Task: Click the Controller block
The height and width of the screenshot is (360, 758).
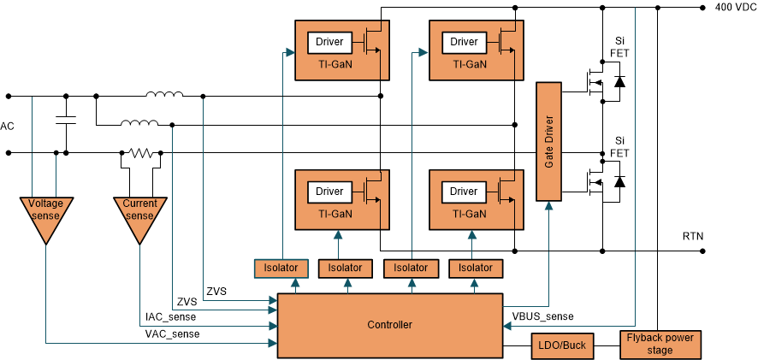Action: coord(389,324)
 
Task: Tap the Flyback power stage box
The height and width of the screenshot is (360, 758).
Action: coord(660,343)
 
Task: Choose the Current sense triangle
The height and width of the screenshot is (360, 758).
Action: coord(139,214)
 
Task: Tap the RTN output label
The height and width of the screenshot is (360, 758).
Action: coord(694,235)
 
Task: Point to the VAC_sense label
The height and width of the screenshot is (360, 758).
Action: coord(172,334)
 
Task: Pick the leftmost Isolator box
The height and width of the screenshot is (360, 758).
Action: coord(276,269)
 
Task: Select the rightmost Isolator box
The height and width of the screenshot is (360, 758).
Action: coord(476,269)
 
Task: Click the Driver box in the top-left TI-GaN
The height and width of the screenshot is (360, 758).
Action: coord(329,42)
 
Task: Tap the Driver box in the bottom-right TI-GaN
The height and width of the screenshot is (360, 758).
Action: coord(464,192)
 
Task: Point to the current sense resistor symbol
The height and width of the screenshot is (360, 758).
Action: coord(139,154)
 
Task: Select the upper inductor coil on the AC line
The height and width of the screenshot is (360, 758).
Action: coord(163,94)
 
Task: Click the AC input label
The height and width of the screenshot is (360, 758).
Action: coord(7,127)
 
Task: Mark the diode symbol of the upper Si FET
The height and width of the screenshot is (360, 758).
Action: coord(619,82)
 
